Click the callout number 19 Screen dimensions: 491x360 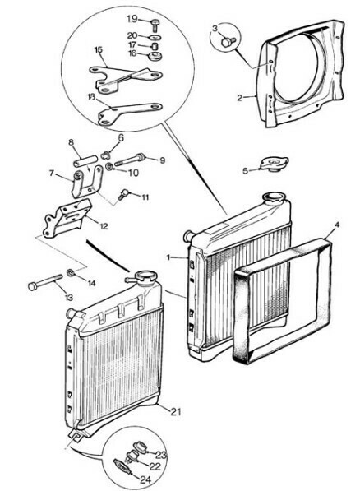[132, 18]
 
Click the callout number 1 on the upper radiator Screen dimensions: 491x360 [167, 257]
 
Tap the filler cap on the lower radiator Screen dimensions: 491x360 [141, 279]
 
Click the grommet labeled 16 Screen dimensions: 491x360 [155, 56]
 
